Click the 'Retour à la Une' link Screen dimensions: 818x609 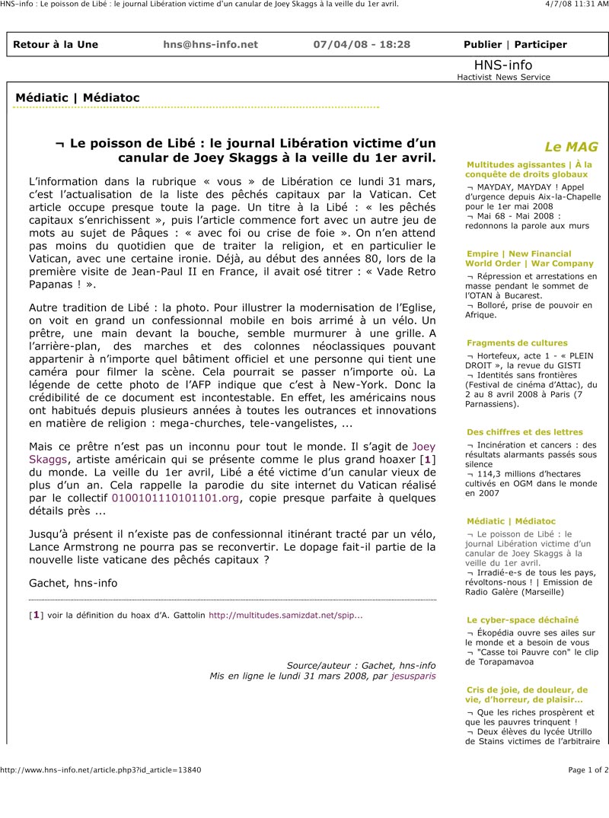(x=56, y=44)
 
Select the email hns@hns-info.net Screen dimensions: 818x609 (x=210, y=44)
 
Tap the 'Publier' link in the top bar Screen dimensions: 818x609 (x=483, y=44)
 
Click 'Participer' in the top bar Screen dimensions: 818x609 (x=540, y=44)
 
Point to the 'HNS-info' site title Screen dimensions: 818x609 (x=503, y=65)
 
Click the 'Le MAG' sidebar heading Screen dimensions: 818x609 (x=571, y=147)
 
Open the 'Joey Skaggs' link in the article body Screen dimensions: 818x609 (x=423, y=447)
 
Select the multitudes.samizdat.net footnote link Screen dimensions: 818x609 (x=285, y=614)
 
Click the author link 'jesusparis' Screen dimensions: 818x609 (x=413, y=676)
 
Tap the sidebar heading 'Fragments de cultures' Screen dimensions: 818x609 (x=517, y=343)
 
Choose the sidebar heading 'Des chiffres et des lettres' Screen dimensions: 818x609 (x=525, y=432)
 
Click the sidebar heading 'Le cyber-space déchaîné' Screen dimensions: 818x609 (x=522, y=620)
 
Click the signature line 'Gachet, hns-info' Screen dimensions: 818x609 (x=73, y=583)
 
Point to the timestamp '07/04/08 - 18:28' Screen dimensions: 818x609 (x=362, y=44)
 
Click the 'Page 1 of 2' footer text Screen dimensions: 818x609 (x=588, y=769)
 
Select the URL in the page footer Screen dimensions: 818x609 (x=100, y=769)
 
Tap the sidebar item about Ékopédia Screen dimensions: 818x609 (x=531, y=638)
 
